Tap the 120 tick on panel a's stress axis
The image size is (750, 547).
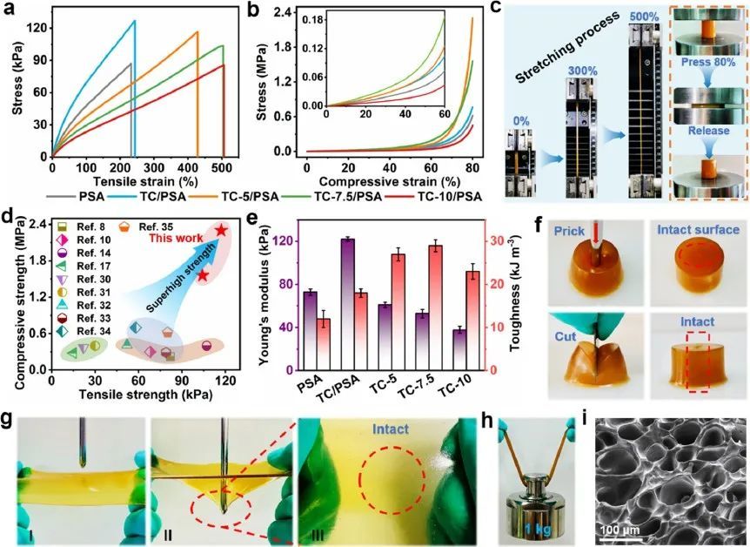point(36,27)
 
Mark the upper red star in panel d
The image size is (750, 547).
point(222,230)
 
